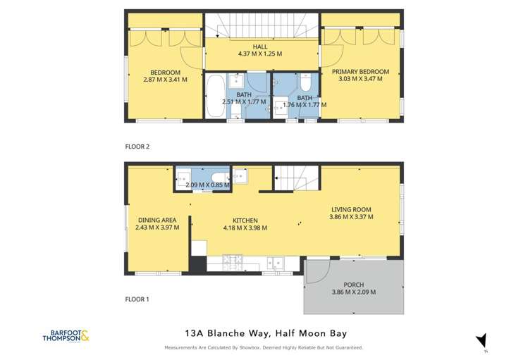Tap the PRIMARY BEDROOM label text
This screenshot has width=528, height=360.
click(360, 71)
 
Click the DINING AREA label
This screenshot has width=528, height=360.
click(157, 220)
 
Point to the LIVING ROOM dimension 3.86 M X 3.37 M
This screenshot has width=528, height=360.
click(351, 217)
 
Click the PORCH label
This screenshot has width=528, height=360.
click(353, 285)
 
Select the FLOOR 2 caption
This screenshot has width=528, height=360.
click(138, 147)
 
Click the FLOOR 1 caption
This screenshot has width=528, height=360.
click(138, 299)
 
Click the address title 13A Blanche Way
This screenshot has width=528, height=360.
click(264, 333)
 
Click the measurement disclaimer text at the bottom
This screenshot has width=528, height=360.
click(264, 347)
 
